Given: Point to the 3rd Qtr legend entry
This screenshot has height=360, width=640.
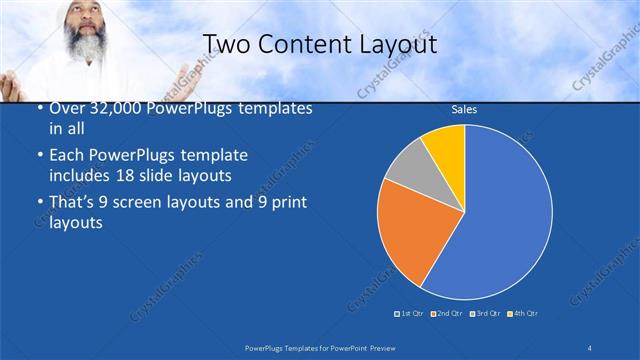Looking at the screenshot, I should coord(484,314).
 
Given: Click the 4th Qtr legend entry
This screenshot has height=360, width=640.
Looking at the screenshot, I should coord(522,314).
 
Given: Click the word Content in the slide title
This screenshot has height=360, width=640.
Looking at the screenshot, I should coord(300,44).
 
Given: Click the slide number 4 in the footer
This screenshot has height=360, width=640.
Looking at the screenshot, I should coord(589,347).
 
